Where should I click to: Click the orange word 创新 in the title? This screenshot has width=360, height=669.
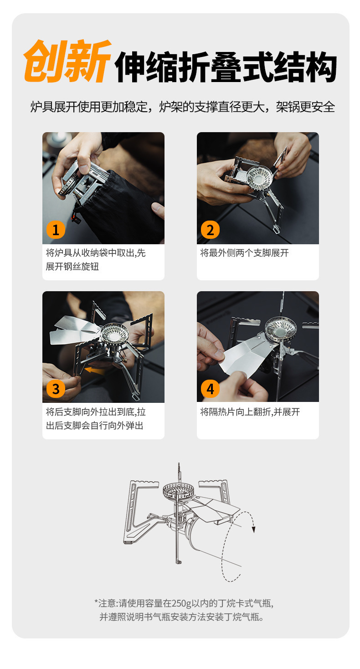pos(67,61)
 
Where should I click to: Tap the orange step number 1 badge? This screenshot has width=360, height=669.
pos(56,230)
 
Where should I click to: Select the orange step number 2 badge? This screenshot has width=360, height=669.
pos(210,230)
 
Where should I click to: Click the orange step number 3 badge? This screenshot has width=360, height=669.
pos(56,389)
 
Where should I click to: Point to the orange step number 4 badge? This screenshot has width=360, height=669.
pos(210,389)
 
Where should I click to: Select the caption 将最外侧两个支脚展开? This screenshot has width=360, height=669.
pos(244,253)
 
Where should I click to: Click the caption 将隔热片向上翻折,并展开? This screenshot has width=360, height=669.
pos(250,412)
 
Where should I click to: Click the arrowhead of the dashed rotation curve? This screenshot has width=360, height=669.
pos(254,530)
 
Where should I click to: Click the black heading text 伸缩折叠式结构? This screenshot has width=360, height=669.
pos(226,67)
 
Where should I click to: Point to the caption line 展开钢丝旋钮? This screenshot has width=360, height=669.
pos(72,266)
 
